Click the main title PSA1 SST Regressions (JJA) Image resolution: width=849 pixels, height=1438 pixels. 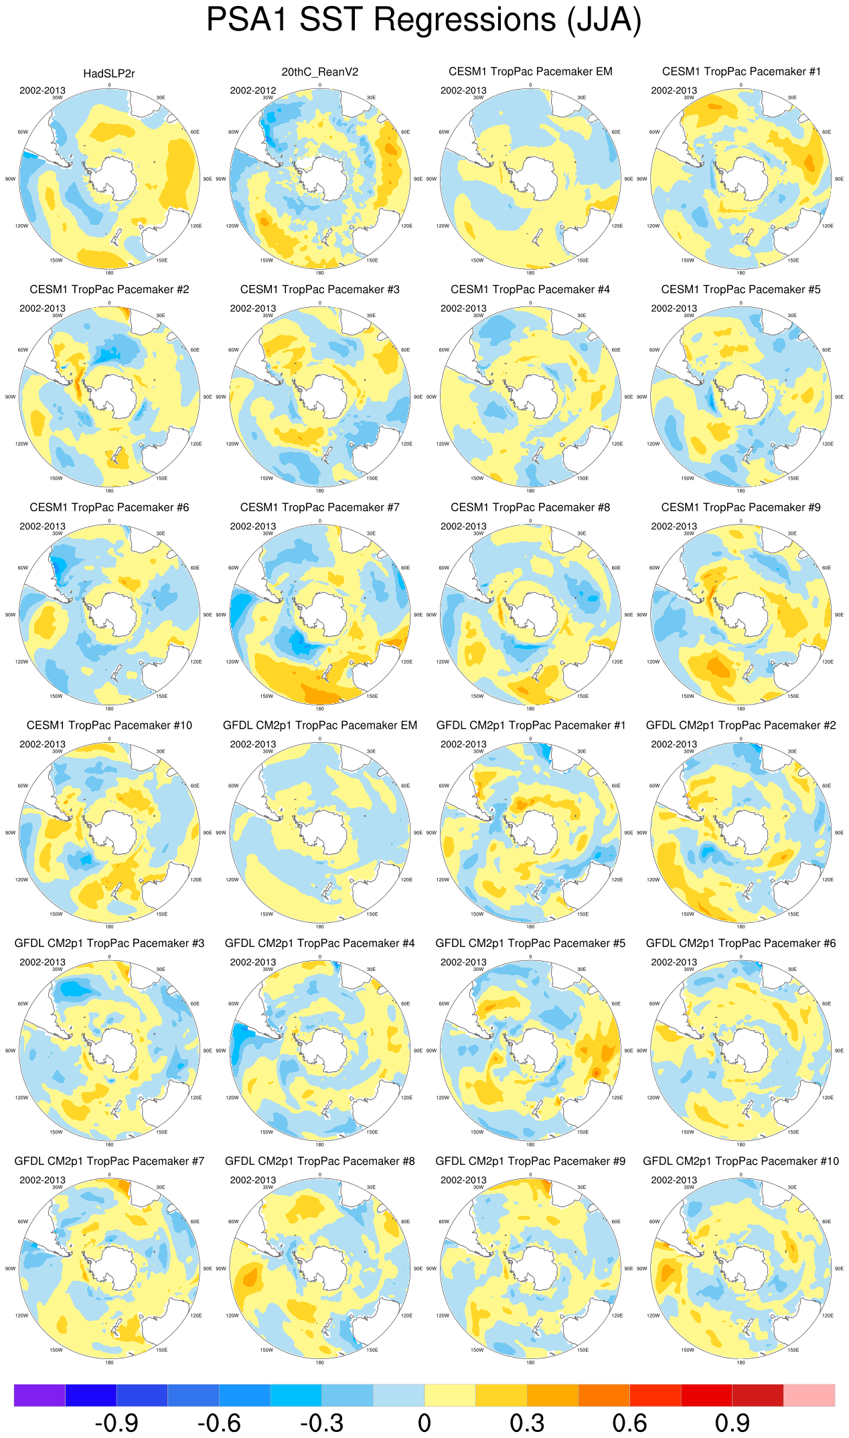[x=424, y=20]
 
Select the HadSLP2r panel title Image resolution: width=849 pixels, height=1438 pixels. [x=109, y=74]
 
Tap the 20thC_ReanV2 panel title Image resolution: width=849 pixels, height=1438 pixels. [x=319, y=72]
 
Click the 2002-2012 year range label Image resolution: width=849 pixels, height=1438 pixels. [x=253, y=90]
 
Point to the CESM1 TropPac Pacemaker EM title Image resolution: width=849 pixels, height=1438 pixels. [x=530, y=72]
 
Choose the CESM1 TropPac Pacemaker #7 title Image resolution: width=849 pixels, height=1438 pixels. [x=319, y=508]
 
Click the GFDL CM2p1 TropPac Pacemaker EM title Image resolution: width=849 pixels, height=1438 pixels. [x=319, y=725]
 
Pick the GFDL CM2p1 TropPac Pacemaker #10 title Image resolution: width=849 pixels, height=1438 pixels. [x=741, y=1161]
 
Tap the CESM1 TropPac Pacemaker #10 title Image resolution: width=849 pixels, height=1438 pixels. [x=109, y=725]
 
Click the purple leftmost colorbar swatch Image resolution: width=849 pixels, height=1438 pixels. [x=40, y=1395]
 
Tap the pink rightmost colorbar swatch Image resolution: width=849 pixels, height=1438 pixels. [x=809, y=1395]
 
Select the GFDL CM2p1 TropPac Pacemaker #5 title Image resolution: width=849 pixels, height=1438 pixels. [x=530, y=943]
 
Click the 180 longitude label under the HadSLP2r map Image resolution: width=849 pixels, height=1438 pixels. [x=109, y=272]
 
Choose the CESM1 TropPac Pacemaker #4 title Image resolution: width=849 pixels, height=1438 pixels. [x=530, y=290]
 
